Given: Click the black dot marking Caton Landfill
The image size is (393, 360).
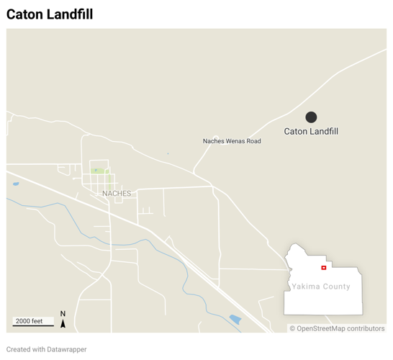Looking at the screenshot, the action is pyautogui.click(x=311, y=117).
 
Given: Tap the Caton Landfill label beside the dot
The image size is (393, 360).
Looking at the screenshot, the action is pyautogui.click(x=311, y=132).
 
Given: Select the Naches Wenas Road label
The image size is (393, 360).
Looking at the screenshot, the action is pyautogui.click(x=232, y=141).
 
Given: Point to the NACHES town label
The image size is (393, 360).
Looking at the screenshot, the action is pyautogui.click(x=117, y=194).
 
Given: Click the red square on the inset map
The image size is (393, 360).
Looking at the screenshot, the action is pyautogui.click(x=324, y=268).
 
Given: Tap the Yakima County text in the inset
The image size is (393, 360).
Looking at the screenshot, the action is pyautogui.click(x=321, y=287).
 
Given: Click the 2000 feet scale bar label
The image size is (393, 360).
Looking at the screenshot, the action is pyautogui.click(x=30, y=321).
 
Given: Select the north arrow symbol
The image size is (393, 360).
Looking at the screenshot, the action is pyautogui.click(x=63, y=323).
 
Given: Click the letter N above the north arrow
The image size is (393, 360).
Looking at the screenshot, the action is pyautogui.click(x=63, y=314).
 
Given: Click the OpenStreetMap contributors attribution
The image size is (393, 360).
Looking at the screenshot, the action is pyautogui.click(x=337, y=328).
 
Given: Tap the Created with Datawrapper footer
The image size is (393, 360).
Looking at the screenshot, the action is pyautogui.click(x=47, y=349).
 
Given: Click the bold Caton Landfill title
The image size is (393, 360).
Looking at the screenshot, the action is pyautogui.click(x=50, y=14).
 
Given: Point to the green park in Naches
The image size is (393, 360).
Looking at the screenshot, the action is pyautogui.click(x=99, y=171).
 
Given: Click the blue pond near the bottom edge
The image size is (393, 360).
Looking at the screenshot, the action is pyautogui.click(x=235, y=319).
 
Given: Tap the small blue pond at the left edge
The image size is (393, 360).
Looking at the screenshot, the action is pyautogui.click(x=16, y=184).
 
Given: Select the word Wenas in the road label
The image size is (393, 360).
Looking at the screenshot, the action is pyautogui.click(x=234, y=141).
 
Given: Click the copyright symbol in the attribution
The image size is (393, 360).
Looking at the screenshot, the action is pyautogui.click(x=292, y=328).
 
